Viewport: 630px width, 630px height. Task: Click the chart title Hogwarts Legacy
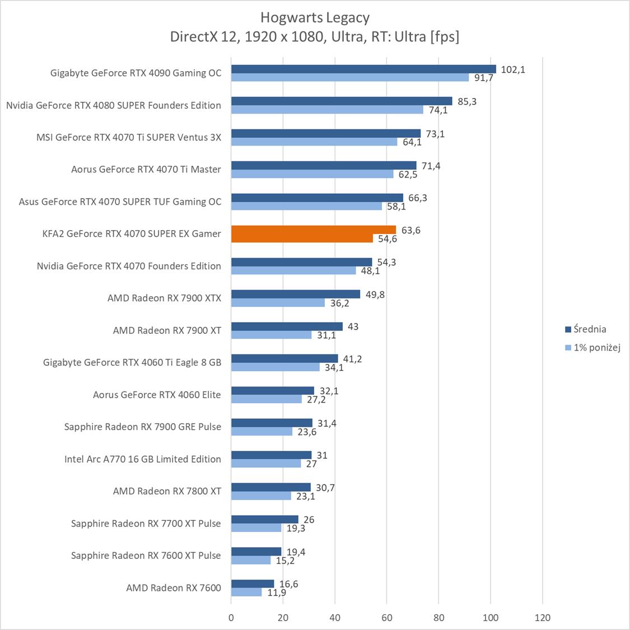tap(315, 17)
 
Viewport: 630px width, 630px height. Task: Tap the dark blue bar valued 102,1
tap(363, 69)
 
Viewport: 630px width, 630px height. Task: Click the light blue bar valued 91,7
tap(349, 77)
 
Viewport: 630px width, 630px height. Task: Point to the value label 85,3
tap(467, 101)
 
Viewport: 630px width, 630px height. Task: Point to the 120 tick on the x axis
tap(542, 618)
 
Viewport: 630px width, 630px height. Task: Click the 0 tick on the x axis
tap(231, 618)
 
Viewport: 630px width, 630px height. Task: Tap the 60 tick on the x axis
tap(387, 618)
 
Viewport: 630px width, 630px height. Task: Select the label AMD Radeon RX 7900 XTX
tap(164, 298)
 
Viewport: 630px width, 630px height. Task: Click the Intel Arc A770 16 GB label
tap(142, 459)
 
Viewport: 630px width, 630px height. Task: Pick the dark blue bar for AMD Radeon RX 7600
tap(253, 584)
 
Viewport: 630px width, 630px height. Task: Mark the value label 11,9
tap(277, 592)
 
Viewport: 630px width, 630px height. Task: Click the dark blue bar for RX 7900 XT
tap(287, 326)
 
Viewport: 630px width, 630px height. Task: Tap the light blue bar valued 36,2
tap(278, 302)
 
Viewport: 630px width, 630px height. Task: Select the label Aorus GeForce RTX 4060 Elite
tap(157, 394)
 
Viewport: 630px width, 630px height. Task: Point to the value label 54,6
tap(388, 239)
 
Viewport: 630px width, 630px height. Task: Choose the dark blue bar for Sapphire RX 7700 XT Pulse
tap(264, 519)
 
